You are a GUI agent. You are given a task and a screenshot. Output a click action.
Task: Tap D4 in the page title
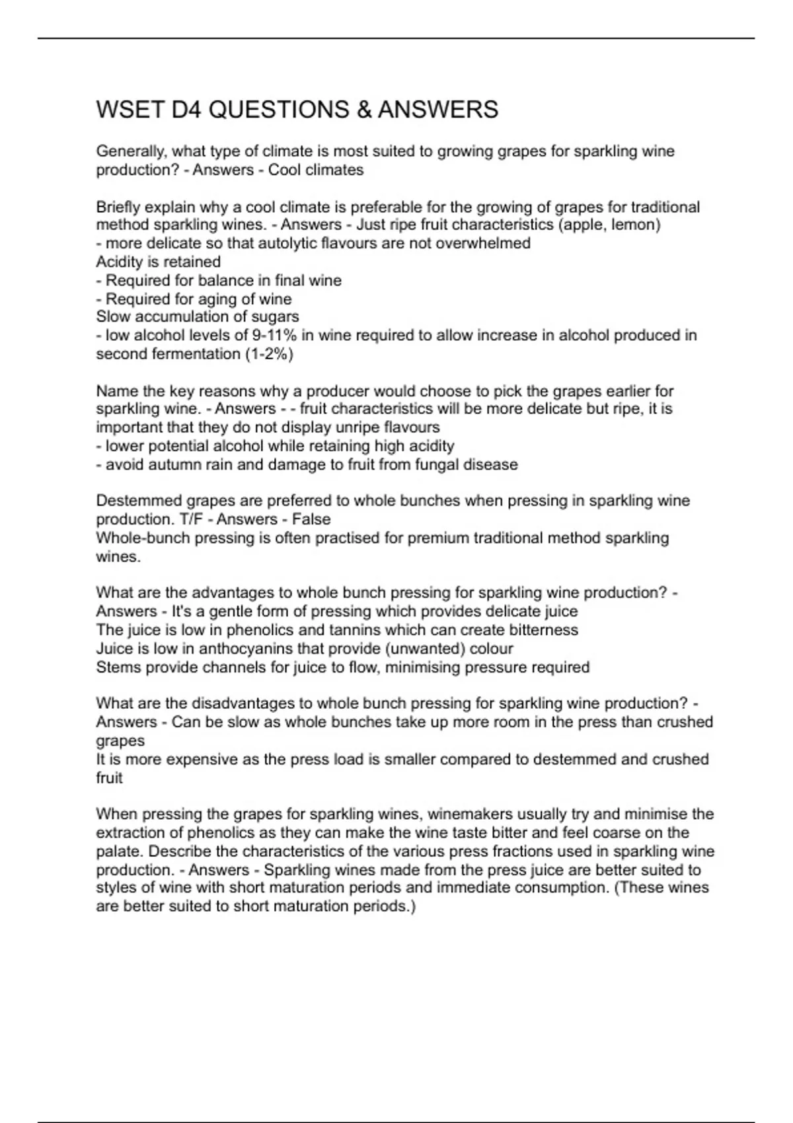pyautogui.click(x=186, y=110)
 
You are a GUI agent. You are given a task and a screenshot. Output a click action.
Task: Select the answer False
pyautogui.click(x=311, y=520)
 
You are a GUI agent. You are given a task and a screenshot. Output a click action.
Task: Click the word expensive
pyautogui.click(x=196, y=760)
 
